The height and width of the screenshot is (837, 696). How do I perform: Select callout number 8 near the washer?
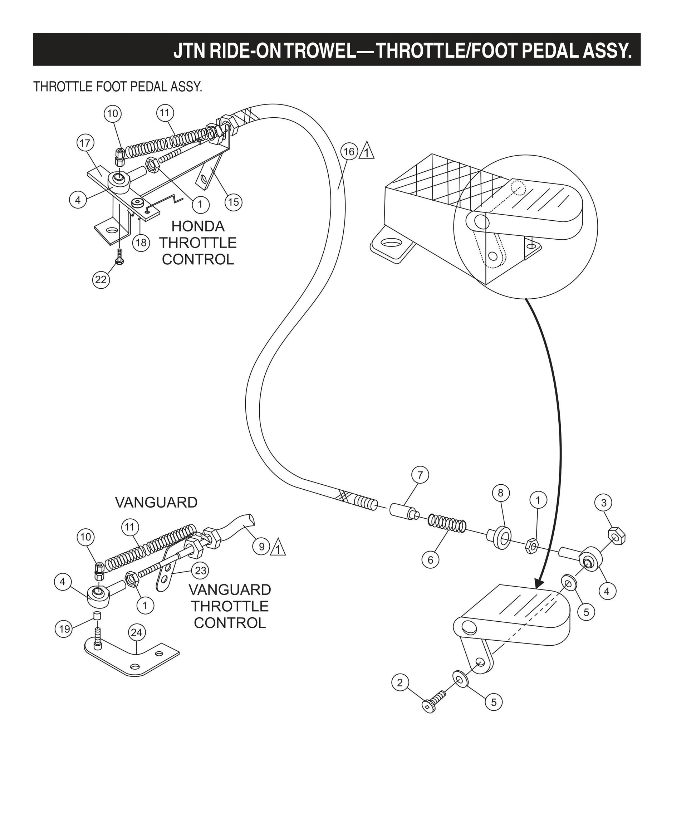pos(500,493)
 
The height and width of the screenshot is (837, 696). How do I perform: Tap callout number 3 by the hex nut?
pos(603,503)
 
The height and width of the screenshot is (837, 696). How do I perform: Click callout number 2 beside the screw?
pos(400,683)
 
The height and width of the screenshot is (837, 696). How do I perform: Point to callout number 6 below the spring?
pos(430,560)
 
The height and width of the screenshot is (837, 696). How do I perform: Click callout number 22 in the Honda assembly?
pos(101,279)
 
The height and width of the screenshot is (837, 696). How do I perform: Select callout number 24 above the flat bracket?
pos(137,632)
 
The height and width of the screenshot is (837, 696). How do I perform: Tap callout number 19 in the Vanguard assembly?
pos(64,629)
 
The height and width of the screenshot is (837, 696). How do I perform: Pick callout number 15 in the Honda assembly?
pos(233,202)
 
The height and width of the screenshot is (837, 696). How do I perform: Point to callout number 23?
pos(200,571)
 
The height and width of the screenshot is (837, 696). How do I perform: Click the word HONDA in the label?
pos(198,226)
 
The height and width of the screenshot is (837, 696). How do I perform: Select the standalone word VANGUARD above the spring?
pos(156,503)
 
